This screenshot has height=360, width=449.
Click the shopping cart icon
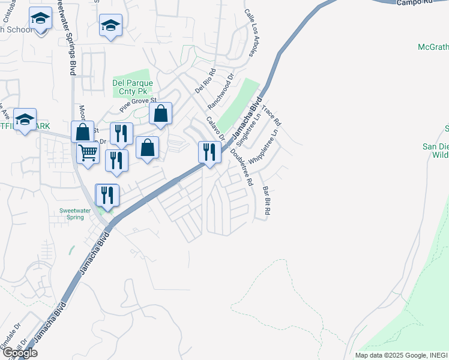pos(88,154)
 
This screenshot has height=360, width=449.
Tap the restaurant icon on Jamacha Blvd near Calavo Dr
pos(208,151)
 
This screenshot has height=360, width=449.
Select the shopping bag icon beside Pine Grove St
pos(160,113)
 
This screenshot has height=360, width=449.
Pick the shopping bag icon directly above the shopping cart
pos(83,131)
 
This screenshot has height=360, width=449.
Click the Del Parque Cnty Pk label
pos(133,87)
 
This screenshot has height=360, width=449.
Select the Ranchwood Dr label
pos(220,91)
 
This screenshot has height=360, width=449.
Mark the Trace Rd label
pos(271,114)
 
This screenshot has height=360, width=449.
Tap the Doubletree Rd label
pos(240,165)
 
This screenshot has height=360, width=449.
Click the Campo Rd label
pos(414,3)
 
